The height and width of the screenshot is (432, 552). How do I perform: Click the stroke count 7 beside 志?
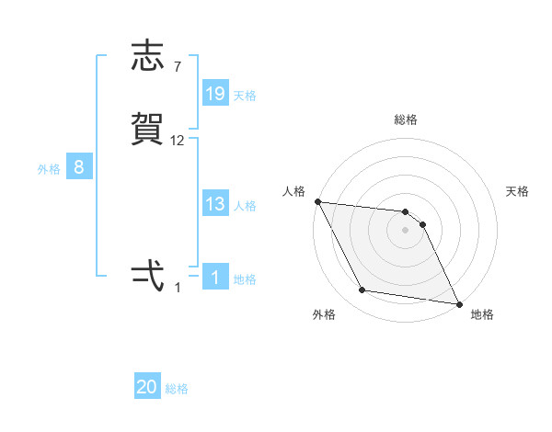coord(178,66)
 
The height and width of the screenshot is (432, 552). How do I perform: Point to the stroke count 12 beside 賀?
coord(178,140)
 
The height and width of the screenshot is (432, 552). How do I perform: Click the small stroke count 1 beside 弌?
coord(178,288)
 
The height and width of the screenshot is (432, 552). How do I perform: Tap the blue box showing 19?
coord(215,94)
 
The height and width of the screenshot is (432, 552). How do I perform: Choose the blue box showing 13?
coord(215,204)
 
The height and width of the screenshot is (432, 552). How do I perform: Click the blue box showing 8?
coord(79,167)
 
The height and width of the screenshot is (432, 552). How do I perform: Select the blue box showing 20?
coord(147,387)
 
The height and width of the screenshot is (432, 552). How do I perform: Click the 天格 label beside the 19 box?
coord(245,95)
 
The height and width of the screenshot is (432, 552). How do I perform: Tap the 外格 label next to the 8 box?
coord(49,168)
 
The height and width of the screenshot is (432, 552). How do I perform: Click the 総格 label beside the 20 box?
coord(177,389)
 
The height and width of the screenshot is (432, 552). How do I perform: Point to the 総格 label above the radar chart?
coord(406,119)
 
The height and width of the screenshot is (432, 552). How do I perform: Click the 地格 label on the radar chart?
coord(482,314)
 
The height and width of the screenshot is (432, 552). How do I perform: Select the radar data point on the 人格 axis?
coord(317,201)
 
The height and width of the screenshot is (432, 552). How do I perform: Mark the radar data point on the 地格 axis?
coord(458,302)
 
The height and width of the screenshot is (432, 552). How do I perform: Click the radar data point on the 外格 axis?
coord(362,290)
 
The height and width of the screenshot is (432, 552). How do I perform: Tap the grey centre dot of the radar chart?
coord(406,231)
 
